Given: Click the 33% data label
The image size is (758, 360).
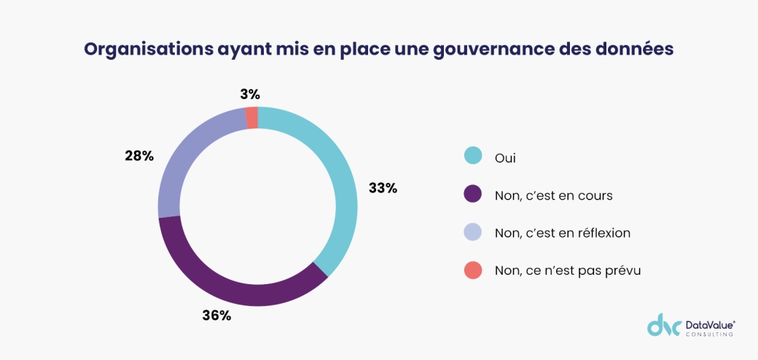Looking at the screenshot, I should tap(383, 188).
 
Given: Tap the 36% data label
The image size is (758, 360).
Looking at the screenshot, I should tap(216, 316).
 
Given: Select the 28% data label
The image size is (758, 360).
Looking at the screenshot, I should tap(139, 155).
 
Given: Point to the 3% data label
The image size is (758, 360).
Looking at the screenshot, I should tap(249, 94).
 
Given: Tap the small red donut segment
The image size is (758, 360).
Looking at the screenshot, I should tap(252, 117).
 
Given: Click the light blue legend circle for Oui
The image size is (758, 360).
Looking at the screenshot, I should tap(473, 156).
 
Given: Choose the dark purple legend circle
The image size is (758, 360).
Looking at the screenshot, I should tap(473, 195).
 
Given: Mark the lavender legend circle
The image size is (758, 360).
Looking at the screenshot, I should tap(473, 232).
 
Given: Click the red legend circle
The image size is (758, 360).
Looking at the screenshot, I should tap(473, 270).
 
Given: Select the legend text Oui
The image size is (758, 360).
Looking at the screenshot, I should tap(505, 157).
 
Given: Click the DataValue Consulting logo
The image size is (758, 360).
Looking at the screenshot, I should tap(691, 326).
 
